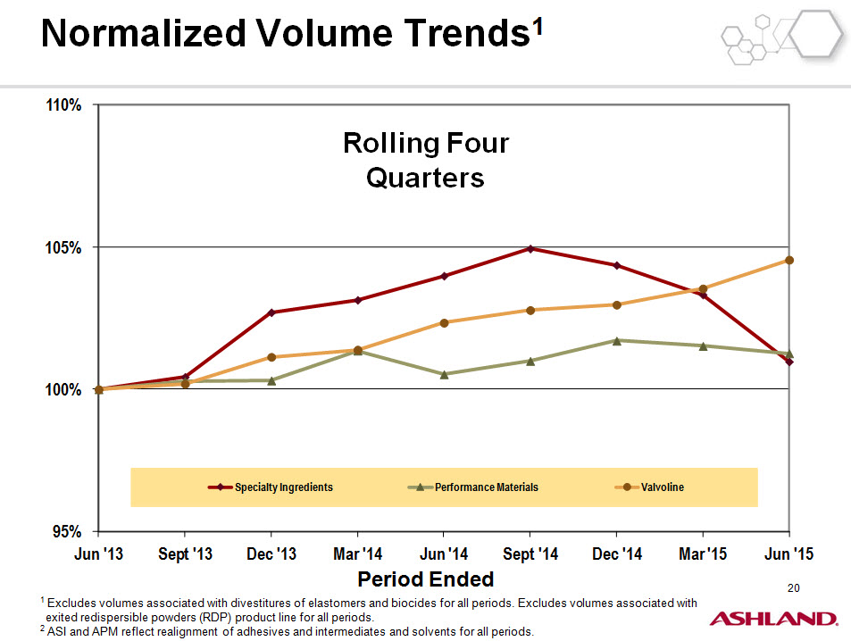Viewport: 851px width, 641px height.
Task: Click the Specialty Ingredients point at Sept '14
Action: coord(530,248)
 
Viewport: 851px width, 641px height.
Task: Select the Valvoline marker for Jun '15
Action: coord(789,260)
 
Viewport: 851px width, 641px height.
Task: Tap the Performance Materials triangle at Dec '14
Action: coord(617,341)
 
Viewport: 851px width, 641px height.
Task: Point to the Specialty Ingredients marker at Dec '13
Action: coord(271,312)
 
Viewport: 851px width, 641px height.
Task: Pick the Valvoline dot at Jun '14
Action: coord(444,323)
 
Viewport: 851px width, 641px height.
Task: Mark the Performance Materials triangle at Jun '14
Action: coord(444,374)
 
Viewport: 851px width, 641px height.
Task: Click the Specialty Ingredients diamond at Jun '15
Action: coord(789,362)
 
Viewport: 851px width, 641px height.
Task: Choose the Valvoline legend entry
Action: coord(649,487)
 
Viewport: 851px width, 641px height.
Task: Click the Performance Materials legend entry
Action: coord(472,487)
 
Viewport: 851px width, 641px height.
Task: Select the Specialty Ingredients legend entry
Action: coord(271,487)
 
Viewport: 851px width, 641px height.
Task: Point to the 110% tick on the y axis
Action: coord(63,104)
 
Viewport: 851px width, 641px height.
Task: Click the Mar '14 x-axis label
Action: coord(358,554)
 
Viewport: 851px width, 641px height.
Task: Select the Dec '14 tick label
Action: coord(617,554)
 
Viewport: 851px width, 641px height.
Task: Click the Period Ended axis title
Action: coord(425,579)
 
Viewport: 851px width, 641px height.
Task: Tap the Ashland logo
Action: coord(773,619)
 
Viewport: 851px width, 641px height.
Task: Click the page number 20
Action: coord(794,587)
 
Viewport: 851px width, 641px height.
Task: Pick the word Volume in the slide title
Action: coord(324,33)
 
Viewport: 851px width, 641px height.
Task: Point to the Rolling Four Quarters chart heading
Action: coord(426,160)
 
